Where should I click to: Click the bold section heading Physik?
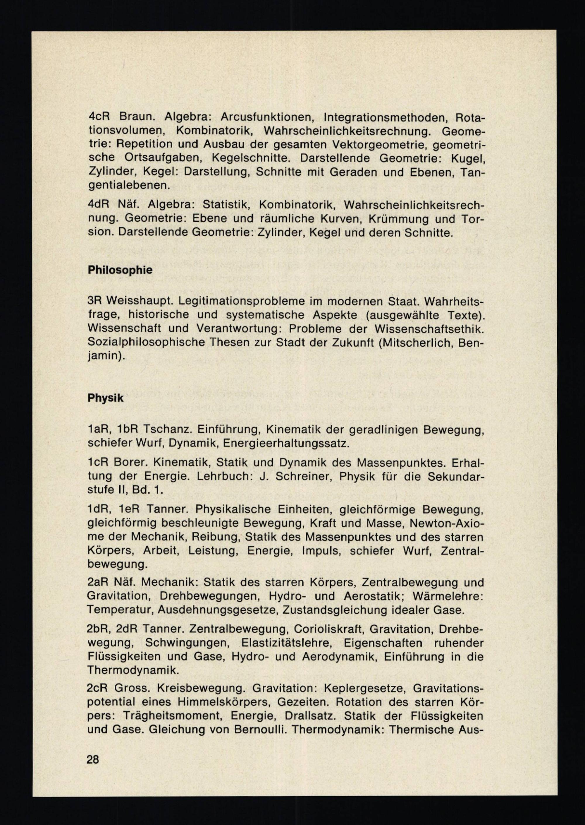(105, 398)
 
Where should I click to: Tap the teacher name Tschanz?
(166, 429)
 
